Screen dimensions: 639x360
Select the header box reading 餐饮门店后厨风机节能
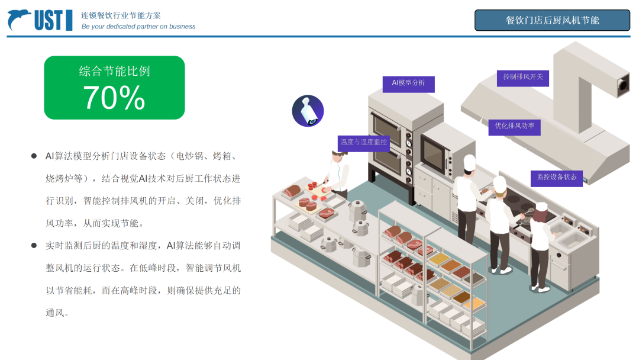pyautogui.click(x=552, y=20)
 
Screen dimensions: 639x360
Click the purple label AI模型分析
pyautogui.click(x=409, y=83)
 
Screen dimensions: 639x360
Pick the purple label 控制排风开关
pyautogui.click(x=522, y=77)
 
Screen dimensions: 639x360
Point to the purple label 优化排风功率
pyautogui.click(x=514, y=126)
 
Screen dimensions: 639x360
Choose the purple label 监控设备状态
pyautogui.click(x=556, y=177)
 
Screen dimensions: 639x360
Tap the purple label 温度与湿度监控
pyautogui.click(x=364, y=142)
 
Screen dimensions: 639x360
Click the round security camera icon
pyautogui.click(x=308, y=111)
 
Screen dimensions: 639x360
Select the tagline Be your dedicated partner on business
pyautogui.click(x=138, y=27)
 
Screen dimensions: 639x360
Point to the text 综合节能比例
pyautogui.click(x=114, y=71)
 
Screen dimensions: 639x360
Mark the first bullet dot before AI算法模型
pyautogui.click(x=34, y=156)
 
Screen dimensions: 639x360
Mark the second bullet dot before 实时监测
pyautogui.click(x=34, y=245)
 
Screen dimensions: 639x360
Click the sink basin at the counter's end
pyautogui.click(x=571, y=240)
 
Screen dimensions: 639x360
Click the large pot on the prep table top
pyautogui.click(x=357, y=208)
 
